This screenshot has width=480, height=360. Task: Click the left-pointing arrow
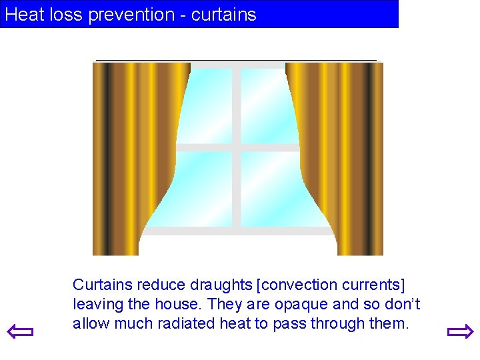tap(20, 331)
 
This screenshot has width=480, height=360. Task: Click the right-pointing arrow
tap(460, 331)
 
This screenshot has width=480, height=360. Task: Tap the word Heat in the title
tap(25, 15)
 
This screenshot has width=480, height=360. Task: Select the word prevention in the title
tap(135, 15)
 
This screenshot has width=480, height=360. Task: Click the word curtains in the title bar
tap(223, 15)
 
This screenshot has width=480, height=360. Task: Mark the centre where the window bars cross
tap(237, 147)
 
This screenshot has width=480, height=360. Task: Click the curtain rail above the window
tap(237, 61)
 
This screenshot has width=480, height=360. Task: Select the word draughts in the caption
tap(221, 285)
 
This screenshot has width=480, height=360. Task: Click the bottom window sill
tap(237, 231)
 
